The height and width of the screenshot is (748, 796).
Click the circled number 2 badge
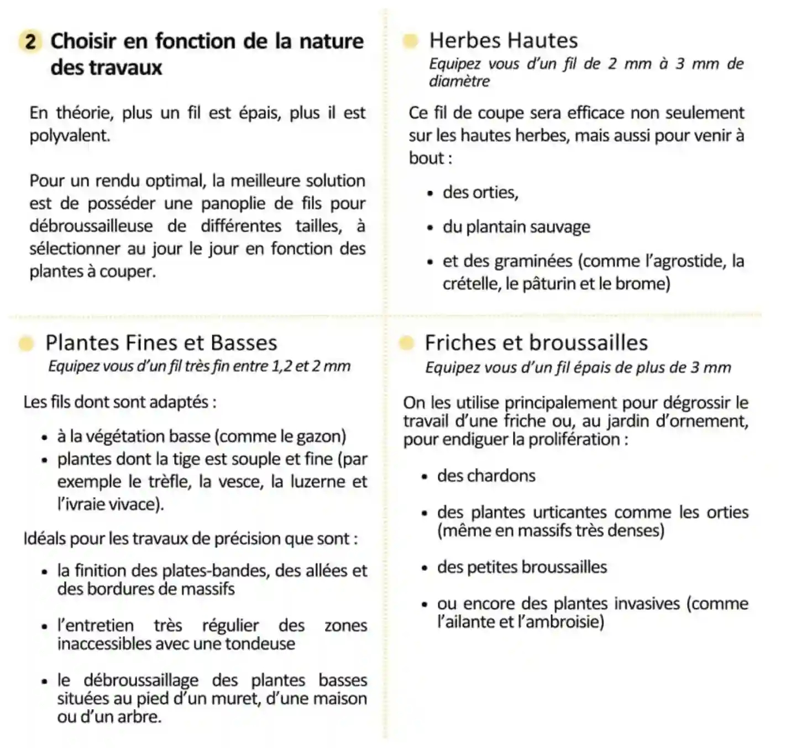click(x=31, y=41)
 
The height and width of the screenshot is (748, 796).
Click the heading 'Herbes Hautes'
click(x=503, y=40)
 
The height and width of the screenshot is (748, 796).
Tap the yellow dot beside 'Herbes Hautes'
click(x=410, y=41)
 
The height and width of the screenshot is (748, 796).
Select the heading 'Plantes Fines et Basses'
click(x=161, y=343)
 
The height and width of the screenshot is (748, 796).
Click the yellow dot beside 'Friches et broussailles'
click(x=406, y=343)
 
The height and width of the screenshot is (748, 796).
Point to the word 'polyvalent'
click(x=69, y=136)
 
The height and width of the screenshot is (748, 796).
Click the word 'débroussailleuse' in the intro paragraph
click(x=91, y=226)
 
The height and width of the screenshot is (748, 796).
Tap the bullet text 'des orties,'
click(x=480, y=192)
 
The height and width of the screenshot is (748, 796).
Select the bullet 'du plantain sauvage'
click(x=516, y=226)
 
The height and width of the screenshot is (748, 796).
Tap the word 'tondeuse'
click(x=260, y=644)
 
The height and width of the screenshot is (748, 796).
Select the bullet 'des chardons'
click(x=486, y=476)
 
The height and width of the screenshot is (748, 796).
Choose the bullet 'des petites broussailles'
click(x=521, y=567)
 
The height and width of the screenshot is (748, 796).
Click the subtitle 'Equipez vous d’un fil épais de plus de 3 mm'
click(x=578, y=367)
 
